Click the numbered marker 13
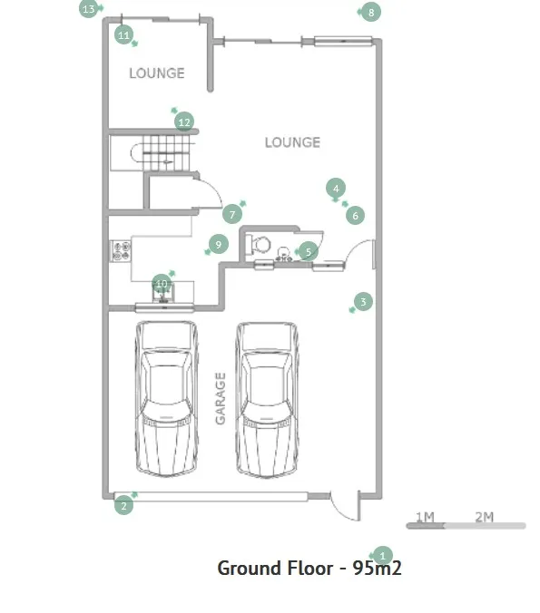tap(89, 8)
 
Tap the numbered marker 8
tap(371, 12)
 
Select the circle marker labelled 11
tap(123, 35)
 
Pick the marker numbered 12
tap(184, 122)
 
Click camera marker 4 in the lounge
tap(336, 189)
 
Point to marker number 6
tap(355, 216)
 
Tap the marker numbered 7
tap(232, 214)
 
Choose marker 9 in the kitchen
tap(219, 244)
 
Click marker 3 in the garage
tap(363, 301)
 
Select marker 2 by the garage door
tap(123, 505)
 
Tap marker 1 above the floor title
tap(382, 555)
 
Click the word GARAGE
tap(221, 398)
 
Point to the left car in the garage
tap(166, 399)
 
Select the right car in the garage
tap(267, 400)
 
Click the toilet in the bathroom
tap(261, 244)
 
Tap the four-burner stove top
tap(122, 251)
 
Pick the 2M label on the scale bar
tap(484, 517)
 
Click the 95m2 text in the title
tap(378, 568)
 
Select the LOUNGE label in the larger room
tap(292, 142)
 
